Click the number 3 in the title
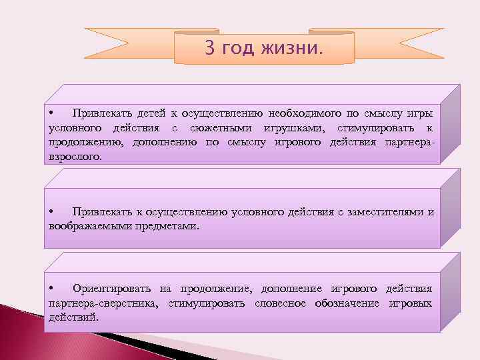(209, 49)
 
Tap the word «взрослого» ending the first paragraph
(75, 158)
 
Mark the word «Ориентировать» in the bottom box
(111, 288)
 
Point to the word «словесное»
(280, 303)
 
